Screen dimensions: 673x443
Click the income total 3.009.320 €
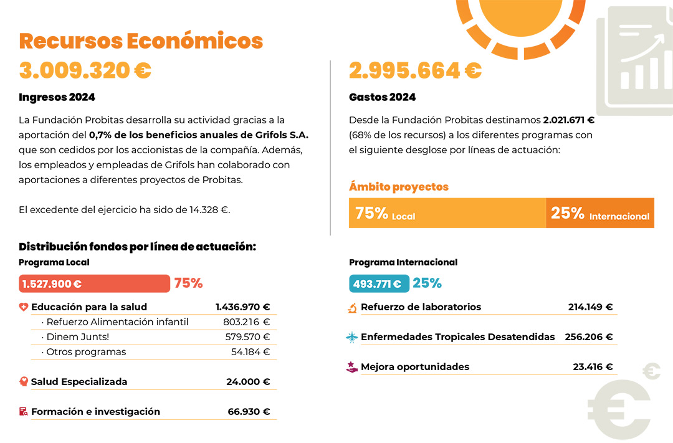pyautogui.click(x=85, y=70)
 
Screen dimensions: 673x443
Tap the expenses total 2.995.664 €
pyautogui.click(x=415, y=70)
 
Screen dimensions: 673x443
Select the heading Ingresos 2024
pyautogui.click(x=57, y=97)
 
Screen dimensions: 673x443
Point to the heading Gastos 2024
pyautogui.click(x=382, y=97)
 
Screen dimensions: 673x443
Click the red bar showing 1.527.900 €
pyautogui.click(x=95, y=283)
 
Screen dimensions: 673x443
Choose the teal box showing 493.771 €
pyautogui.click(x=379, y=283)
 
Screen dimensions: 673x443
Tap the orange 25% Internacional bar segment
pyautogui.click(x=600, y=213)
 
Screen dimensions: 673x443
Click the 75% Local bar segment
pyautogui.click(x=447, y=213)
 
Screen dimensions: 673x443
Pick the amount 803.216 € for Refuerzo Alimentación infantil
pyautogui.click(x=246, y=322)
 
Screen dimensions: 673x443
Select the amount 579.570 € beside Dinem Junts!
pyautogui.click(x=247, y=337)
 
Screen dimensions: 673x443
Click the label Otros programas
pyautogui.click(x=86, y=352)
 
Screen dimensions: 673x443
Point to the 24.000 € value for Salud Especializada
pyautogui.click(x=248, y=381)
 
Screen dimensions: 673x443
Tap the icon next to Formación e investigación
pyautogui.click(x=24, y=412)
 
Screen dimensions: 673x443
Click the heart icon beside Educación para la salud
pyautogui.click(x=24, y=307)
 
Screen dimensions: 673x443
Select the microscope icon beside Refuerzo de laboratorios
pyautogui.click(x=352, y=308)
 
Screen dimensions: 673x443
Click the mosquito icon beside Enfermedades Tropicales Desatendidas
pyautogui.click(x=352, y=338)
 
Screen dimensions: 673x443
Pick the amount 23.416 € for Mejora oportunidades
pyautogui.click(x=593, y=366)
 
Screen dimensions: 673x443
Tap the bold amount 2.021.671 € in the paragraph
pyautogui.click(x=569, y=120)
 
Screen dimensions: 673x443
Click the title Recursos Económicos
pyautogui.click(x=141, y=41)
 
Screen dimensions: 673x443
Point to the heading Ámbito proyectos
pyautogui.click(x=399, y=187)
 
